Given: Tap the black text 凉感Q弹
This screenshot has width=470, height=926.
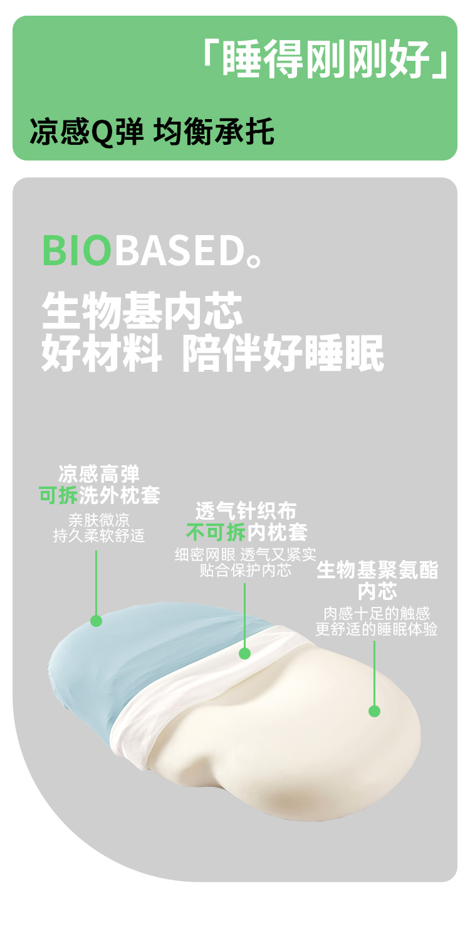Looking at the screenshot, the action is [86, 134].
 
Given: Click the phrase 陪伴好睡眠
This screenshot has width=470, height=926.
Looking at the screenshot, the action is [283, 354].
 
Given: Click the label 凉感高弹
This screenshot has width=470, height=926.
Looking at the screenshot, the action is [99, 473].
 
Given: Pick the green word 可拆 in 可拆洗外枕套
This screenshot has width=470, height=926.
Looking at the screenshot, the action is [58, 495].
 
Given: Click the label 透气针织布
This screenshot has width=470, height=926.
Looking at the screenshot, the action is [246, 510].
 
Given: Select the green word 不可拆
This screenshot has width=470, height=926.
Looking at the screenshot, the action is [216, 533].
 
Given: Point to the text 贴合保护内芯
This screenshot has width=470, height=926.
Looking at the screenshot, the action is [246, 571].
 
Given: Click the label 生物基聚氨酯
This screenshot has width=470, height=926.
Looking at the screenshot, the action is [377, 571].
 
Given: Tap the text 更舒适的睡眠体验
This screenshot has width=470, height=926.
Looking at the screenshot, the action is [377, 629].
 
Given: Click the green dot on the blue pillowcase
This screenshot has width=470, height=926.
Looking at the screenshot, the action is [96, 621].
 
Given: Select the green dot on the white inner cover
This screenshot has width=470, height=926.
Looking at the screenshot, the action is [245, 653].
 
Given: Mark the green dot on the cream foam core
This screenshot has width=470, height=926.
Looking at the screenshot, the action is [374, 711].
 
